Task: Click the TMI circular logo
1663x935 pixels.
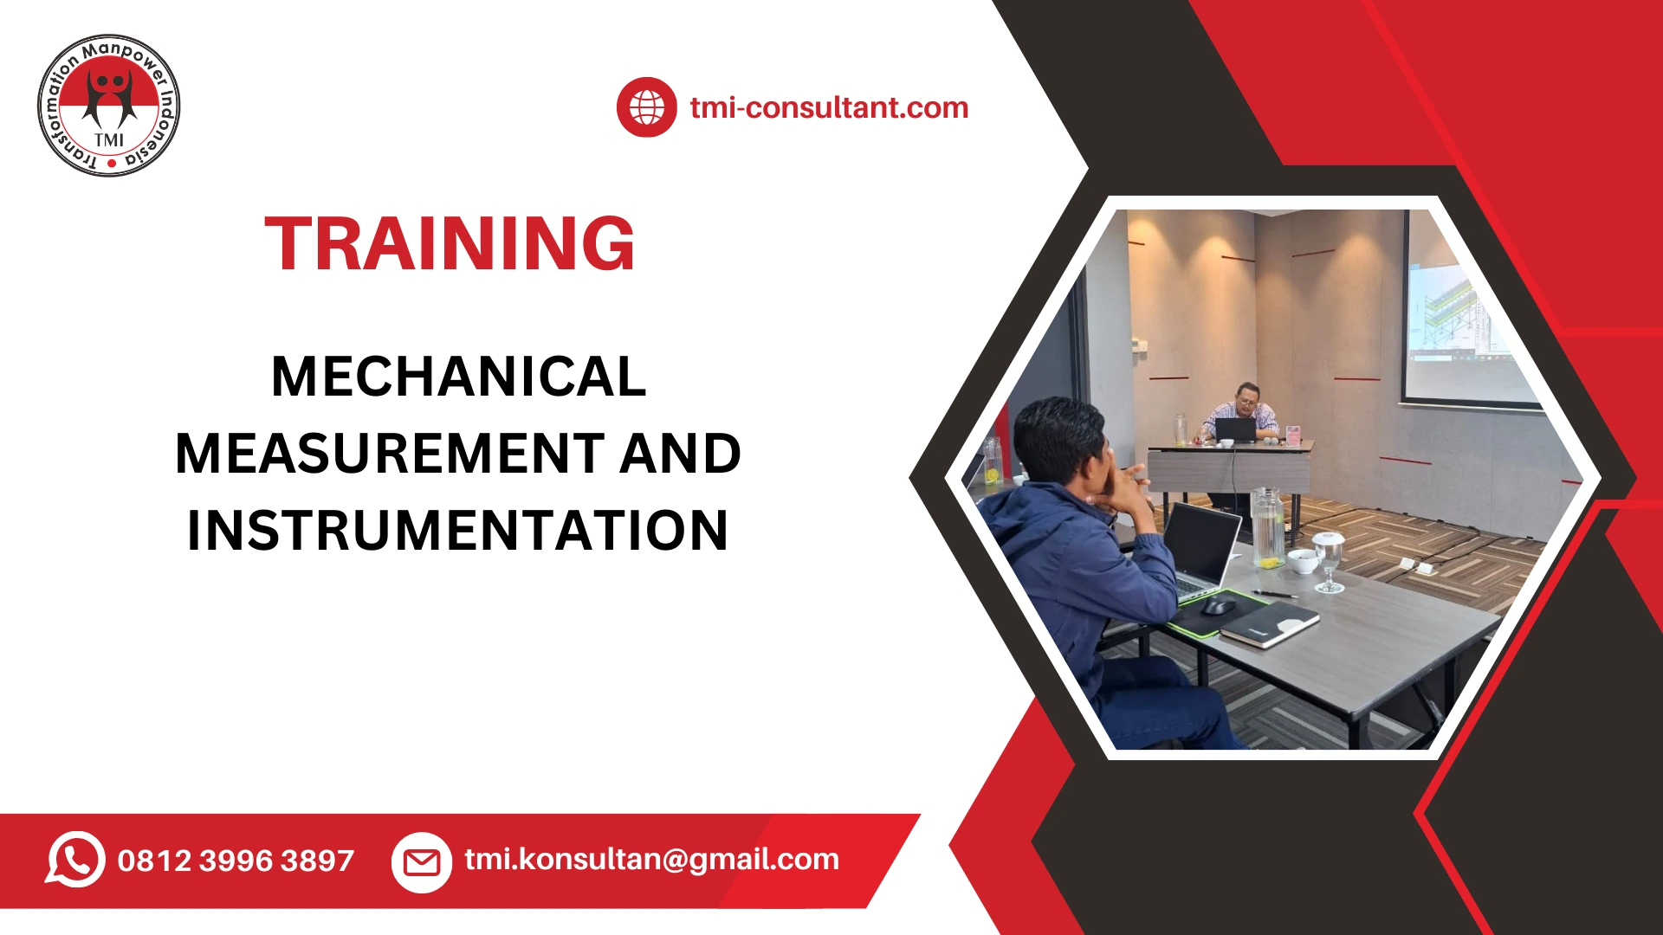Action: coord(109,106)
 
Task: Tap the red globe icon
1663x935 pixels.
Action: coord(646,107)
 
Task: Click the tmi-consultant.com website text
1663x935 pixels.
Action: coord(829,107)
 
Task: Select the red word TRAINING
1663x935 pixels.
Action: coord(450,244)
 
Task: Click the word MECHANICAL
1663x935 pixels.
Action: coord(458,377)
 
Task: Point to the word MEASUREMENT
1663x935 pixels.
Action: coord(388,454)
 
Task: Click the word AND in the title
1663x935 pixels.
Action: coord(680,454)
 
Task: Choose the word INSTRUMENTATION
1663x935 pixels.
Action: coord(457,530)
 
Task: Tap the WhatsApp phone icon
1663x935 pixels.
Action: coord(75,859)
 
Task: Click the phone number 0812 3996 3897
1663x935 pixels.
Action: coord(236,861)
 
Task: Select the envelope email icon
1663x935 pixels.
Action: coord(422,861)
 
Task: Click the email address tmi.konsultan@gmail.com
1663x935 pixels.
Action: coord(651,859)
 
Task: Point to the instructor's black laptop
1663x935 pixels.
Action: coord(1235,429)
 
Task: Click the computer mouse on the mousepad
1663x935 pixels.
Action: coord(1219,604)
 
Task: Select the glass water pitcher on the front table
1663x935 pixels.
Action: coord(1267,528)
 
